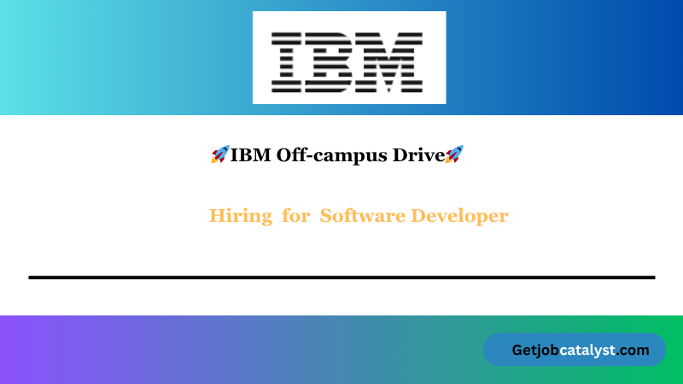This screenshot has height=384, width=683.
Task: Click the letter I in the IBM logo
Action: click(x=290, y=61)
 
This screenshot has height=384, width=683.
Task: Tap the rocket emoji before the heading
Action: click(x=219, y=154)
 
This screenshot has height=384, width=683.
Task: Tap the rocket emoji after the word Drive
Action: click(x=454, y=154)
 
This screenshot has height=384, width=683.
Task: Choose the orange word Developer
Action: click(x=460, y=216)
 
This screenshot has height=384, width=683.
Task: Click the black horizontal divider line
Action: click(x=341, y=277)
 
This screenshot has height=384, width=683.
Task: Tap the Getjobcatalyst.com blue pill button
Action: click(x=575, y=349)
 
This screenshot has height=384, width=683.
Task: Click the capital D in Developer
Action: click(x=419, y=216)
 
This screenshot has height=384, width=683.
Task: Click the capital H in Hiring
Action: click(x=216, y=216)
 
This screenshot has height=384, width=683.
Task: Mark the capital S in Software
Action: click(x=326, y=216)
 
